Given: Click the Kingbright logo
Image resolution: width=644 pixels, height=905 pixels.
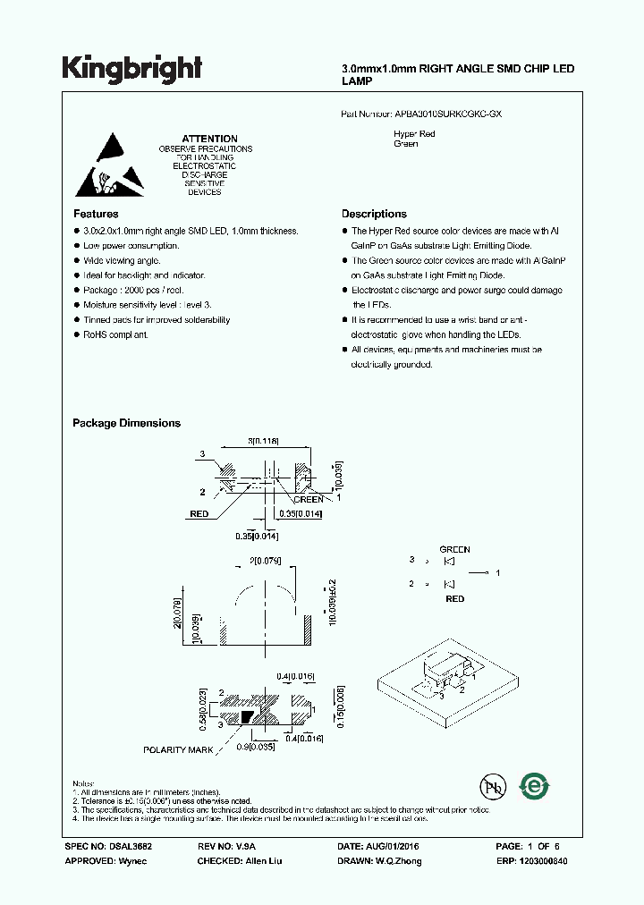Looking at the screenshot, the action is (131, 67).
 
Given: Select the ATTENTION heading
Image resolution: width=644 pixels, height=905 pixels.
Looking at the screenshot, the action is (210, 139).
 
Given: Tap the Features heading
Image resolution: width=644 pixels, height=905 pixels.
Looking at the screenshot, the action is (96, 214).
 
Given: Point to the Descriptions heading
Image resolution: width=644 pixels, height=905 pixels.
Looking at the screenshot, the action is (374, 214).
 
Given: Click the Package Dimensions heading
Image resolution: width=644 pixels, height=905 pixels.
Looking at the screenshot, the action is (126, 423).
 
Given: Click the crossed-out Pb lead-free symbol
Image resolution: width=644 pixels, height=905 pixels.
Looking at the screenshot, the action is (491, 787).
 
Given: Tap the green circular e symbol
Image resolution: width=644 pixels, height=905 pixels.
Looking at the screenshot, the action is (535, 785).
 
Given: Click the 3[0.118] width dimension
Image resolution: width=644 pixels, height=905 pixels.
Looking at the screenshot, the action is (263, 441).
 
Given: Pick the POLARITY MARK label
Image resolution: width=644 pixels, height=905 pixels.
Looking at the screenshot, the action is (178, 749).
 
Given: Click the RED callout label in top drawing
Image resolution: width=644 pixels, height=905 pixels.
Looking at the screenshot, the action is (199, 514).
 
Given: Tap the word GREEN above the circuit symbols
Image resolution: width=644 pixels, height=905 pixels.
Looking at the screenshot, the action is (454, 550).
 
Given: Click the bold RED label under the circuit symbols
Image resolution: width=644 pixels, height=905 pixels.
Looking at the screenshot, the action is (454, 598).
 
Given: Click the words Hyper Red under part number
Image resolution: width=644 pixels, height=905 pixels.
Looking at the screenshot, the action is (414, 134).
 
